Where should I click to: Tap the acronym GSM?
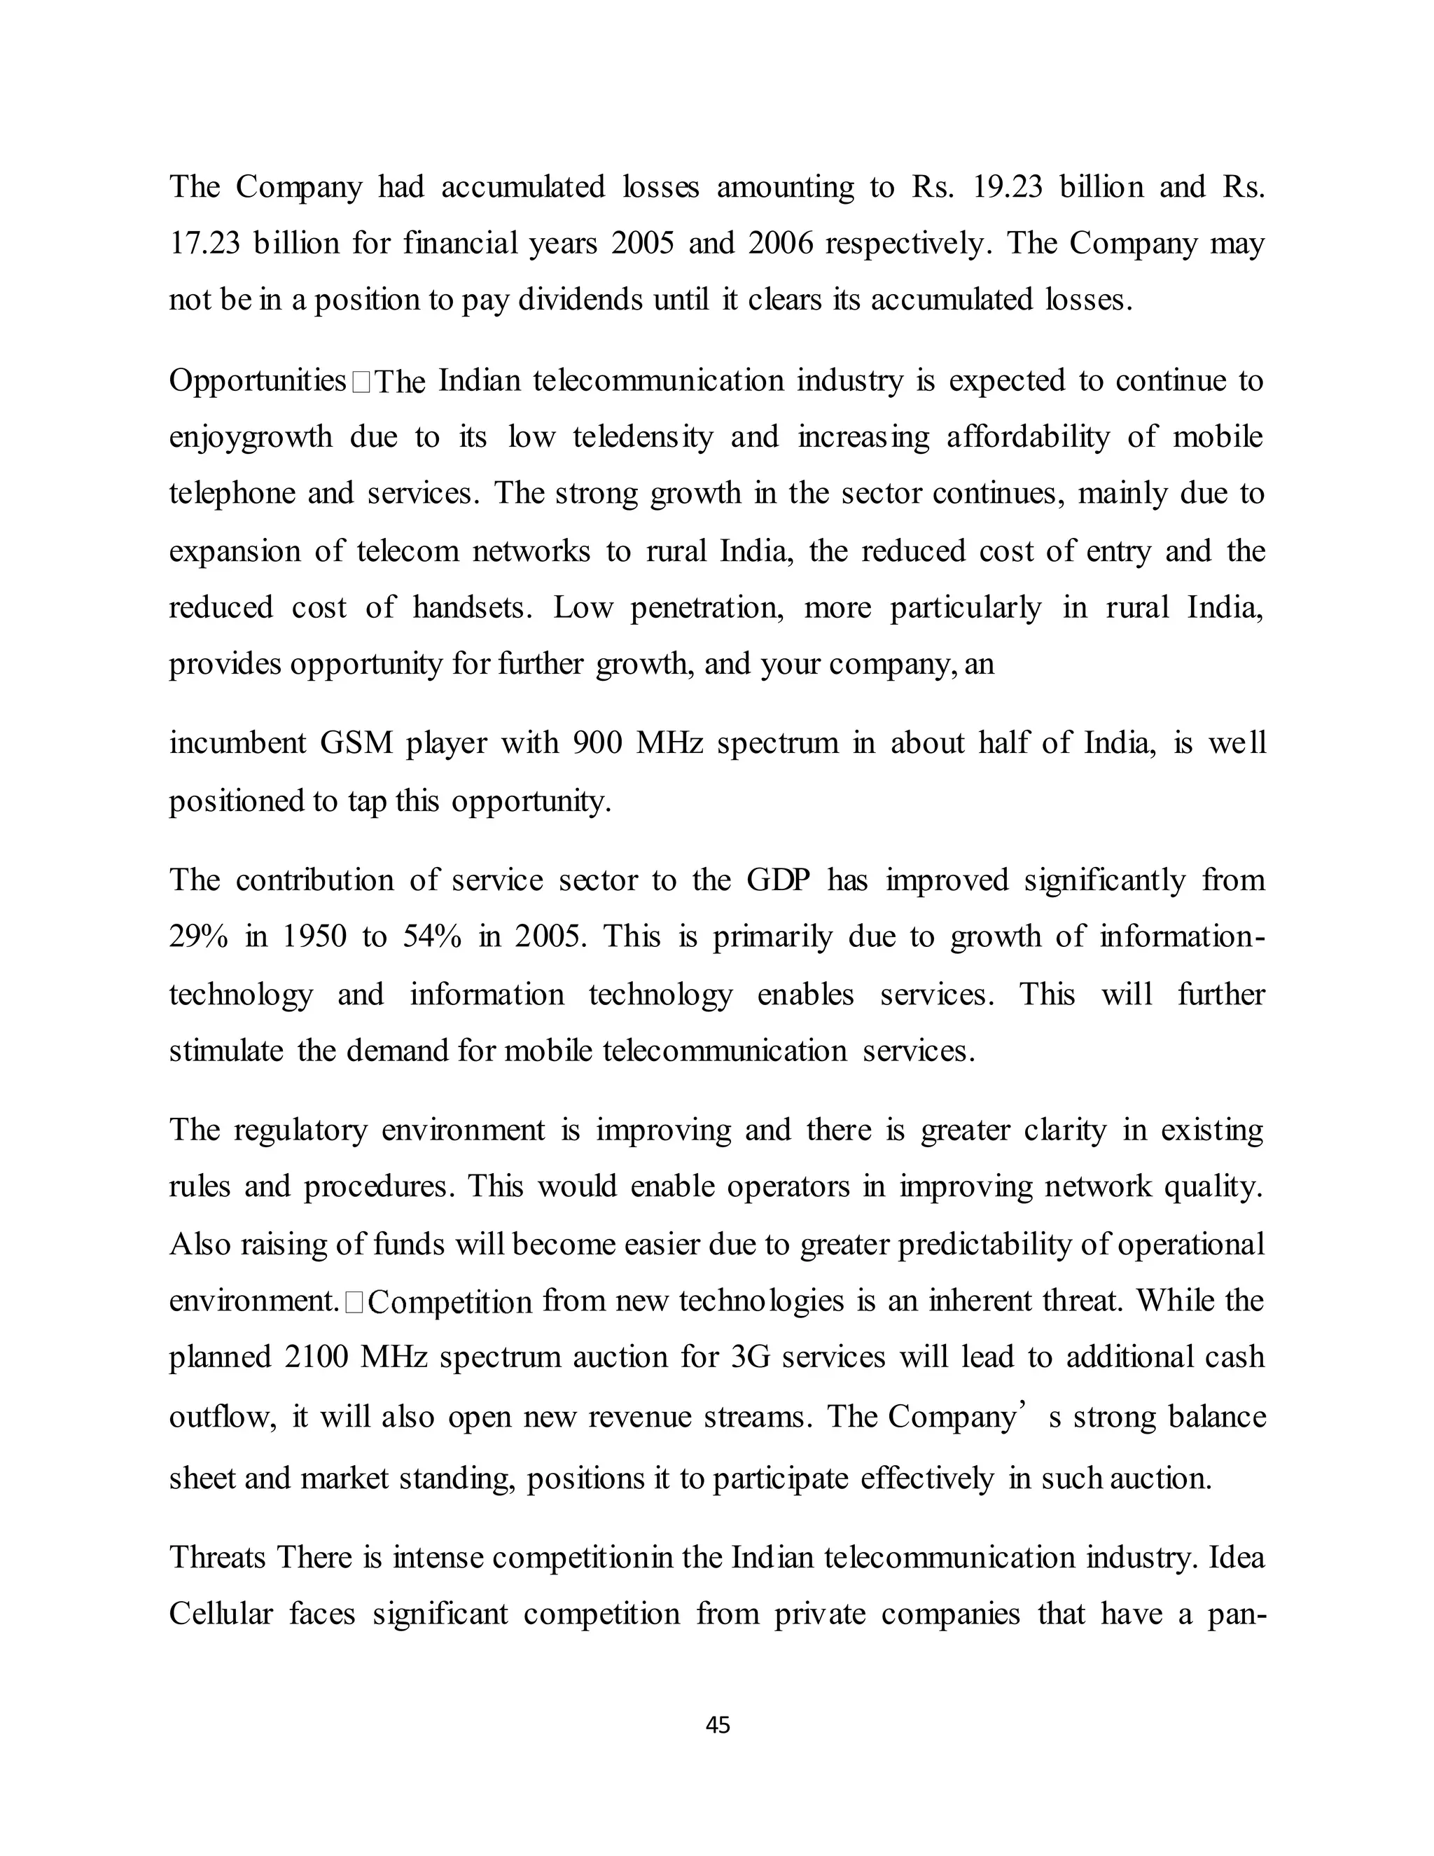tap(357, 744)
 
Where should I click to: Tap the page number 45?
tap(718, 1726)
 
